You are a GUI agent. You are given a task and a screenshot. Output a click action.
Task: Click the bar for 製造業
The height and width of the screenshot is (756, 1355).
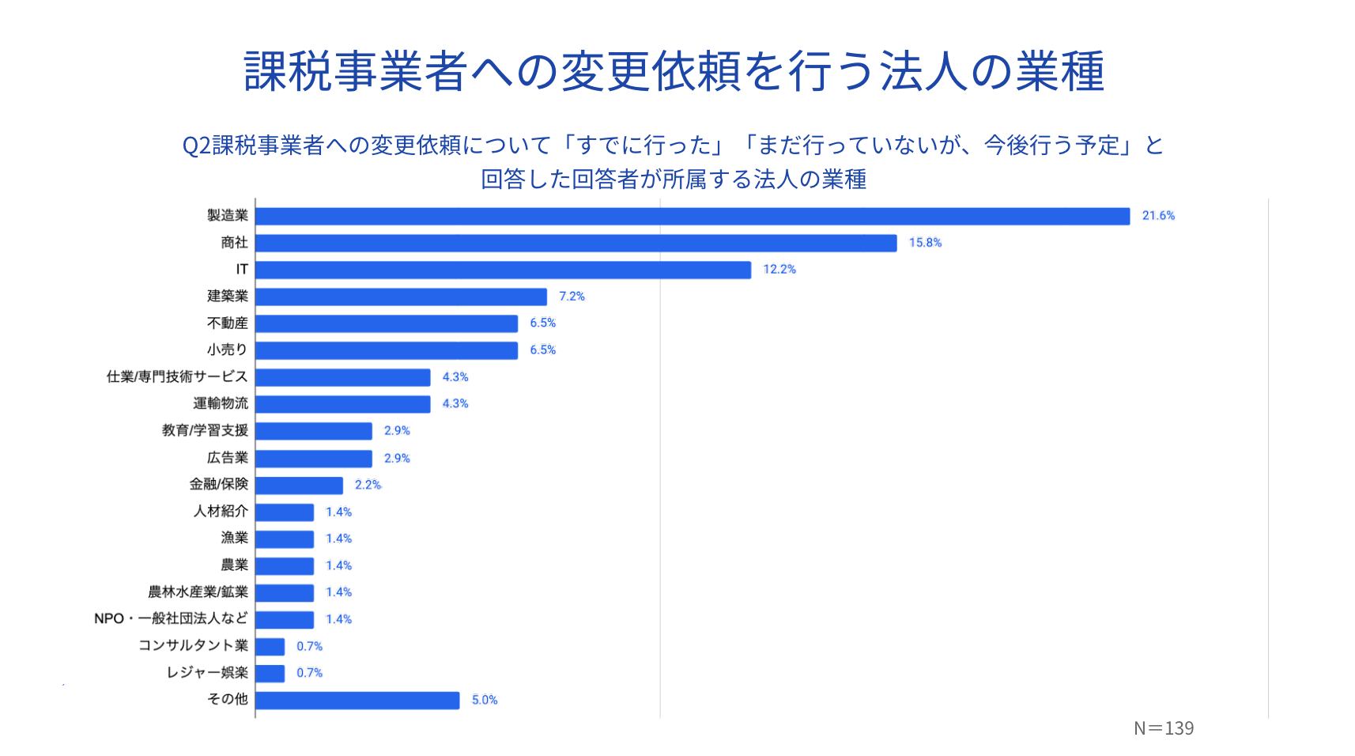693,216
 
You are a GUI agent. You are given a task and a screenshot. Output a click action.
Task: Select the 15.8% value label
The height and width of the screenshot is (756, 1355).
925,243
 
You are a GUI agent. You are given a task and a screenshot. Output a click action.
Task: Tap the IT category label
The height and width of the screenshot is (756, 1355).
242,270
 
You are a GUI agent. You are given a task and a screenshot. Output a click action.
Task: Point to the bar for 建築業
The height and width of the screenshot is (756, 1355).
401,297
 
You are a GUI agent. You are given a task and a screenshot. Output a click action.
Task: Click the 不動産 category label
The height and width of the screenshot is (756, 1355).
228,323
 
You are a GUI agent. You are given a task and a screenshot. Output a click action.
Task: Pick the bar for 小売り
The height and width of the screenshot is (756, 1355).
387,350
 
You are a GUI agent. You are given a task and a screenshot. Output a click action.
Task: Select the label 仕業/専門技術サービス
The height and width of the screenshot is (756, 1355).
177,376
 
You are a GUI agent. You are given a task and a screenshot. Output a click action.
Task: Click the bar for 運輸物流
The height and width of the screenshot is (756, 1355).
343,404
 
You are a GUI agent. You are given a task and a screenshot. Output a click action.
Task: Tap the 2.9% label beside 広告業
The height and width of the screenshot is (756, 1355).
397,458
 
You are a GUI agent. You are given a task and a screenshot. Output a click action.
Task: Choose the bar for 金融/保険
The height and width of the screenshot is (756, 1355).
299,485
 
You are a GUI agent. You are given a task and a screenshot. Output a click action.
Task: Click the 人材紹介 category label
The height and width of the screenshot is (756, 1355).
221,511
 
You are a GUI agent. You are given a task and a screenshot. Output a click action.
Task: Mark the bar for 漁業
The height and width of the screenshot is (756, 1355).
285,539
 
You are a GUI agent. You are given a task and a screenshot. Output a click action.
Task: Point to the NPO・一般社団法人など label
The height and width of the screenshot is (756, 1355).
171,618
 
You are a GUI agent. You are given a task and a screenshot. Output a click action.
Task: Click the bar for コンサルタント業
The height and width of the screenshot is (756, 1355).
270,646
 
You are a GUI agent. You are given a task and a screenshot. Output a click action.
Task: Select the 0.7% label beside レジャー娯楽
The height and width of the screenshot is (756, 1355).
309,673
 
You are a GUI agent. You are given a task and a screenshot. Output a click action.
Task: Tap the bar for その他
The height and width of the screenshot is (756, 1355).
357,700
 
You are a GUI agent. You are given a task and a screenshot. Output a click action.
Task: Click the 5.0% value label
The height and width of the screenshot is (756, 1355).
485,700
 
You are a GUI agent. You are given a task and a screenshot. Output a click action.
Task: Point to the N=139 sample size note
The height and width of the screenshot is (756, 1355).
1163,728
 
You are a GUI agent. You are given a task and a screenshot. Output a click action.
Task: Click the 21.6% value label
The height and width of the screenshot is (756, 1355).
1158,216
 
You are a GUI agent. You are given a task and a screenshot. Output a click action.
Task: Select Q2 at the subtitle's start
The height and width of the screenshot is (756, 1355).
196,146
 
